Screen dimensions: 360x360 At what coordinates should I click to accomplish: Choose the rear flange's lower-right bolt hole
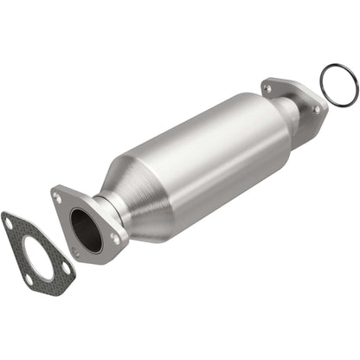(316, 110)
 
